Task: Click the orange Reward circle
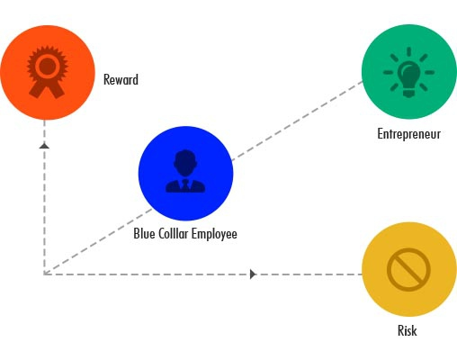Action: pyautogui.click(x=48, y=72)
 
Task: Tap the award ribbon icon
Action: pyautogui.click(x=47, y=72)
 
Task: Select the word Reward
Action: pyautogui.click(x=121, y=80)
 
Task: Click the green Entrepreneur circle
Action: pyautogui.click(x=409, y=72)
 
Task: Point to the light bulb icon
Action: pyautogui.click(x=408, y=72)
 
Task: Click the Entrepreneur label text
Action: pyautogui.click(x=409, y=134)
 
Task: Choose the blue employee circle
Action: pyautogui.click(x=185, y=174)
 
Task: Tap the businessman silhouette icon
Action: pyautogui.click(x=185, y=171)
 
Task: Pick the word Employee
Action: pyautogui.click(x=214, y=234)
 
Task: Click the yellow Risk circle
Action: pyautogui.click(x=409, y=269)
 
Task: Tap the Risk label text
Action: pyautogui.click(x=408, y=330)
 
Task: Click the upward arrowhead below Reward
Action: pyautogui.click(x=44, y=146)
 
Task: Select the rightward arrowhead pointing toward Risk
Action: pyautogui.click(x=253, y=274)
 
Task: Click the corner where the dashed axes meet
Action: pyautogui.click(x=44, y=274)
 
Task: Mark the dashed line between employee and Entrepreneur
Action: pyautogui.click(x=298, y=120)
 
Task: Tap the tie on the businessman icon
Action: pyautogui.click(x=185, y=185)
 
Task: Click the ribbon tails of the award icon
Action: pyautogui.click(x=47, y=89)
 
